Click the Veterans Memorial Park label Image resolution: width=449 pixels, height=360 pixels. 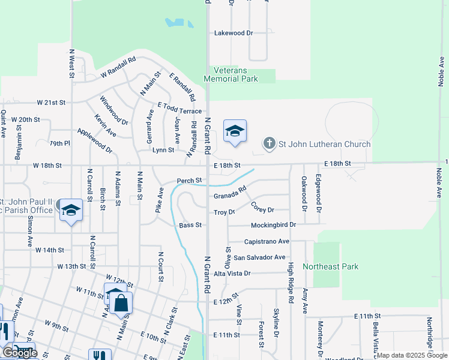(x=231, y=74)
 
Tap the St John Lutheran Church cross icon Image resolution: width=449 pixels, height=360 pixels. (x=270, y=143)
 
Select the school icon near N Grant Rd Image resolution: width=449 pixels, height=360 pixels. (x=235, y=131)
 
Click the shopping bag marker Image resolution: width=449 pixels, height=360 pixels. (x=121, y=304)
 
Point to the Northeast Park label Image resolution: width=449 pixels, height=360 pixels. (x=330, y=266)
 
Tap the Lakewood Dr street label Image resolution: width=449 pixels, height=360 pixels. (x=234, y=33)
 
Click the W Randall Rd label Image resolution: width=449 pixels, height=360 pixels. (x=118, y=67)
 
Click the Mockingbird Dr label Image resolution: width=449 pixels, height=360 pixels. (x=273, y=225)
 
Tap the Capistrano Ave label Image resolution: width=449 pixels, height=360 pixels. (x=267, y=241)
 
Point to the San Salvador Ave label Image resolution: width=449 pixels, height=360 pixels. (x=259, y=257)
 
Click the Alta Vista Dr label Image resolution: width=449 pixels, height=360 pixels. (x=232, y=273)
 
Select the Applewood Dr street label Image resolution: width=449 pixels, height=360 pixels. (x=94, y=140)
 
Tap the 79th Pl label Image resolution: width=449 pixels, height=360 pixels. (x=60, y=143)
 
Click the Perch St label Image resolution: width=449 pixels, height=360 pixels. (x=188, y=181)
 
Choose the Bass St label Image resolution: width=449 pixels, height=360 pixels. (x=189, y=225)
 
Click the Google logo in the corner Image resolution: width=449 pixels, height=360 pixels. (x=20, y=353)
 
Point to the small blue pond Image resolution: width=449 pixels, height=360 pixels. (x=179, y=23)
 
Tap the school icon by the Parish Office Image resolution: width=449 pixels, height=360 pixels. (x=71, y=211)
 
